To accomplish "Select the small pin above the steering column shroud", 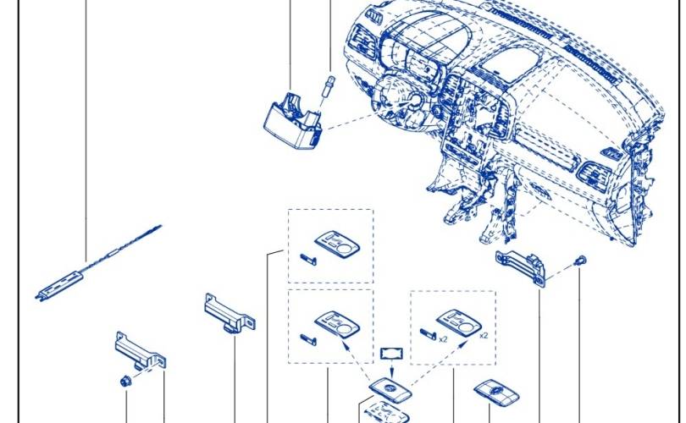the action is tap(329, 86).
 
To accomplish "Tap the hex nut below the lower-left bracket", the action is tap(126, 382).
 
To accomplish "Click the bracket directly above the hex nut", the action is tap(140, 351).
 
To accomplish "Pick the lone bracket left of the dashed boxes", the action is tap(230, 314).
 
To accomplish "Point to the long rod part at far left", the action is tap(98, 262).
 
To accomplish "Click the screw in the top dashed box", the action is tap(308, 260).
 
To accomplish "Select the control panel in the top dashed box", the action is tap(337, 244).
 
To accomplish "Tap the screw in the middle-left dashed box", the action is tap(308, 339).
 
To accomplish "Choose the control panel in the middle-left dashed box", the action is tap(337, 325).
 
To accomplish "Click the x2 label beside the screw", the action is tap(443, 339).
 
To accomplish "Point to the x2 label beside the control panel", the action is tap(484, 336).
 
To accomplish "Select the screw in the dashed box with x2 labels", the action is tap(428, 334).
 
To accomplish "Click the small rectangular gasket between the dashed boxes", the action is tap(391, 353).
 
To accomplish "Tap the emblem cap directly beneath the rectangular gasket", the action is tap(390, 388).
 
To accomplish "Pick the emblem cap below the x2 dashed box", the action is tap(496, 392).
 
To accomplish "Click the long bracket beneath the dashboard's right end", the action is tap(521, 267).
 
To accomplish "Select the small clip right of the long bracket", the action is tap(581, 261).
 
